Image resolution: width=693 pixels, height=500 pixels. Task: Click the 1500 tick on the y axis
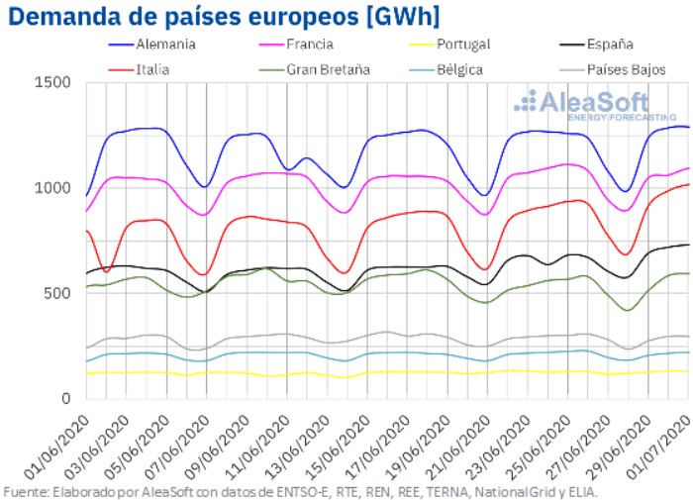[x=52, y=82]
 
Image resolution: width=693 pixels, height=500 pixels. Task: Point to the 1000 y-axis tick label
[x=52, y=188]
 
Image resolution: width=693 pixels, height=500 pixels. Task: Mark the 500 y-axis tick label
[x=56, y=293]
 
